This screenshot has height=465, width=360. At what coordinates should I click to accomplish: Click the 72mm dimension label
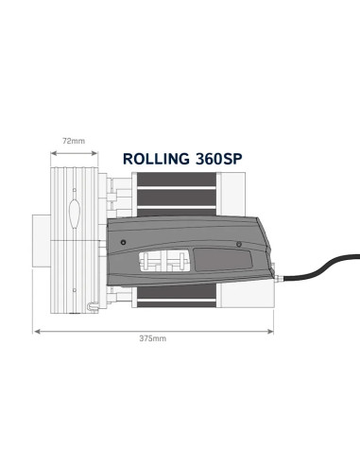73,141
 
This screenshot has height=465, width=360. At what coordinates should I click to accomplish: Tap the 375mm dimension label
152,337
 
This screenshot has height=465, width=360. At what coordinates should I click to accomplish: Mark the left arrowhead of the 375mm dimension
35,330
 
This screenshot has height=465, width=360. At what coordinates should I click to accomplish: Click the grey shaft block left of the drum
42,240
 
